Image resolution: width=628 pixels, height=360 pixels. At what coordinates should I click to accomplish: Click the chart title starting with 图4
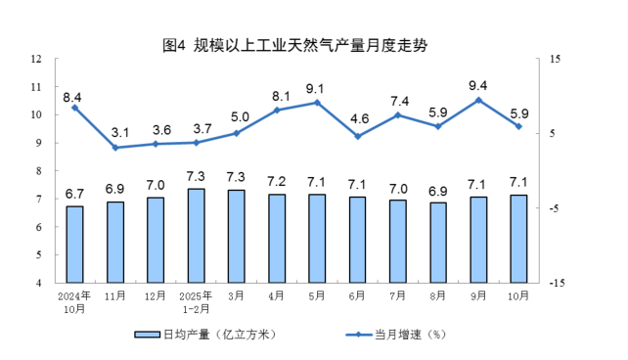294,45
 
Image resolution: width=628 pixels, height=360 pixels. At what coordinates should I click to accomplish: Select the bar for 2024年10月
74,244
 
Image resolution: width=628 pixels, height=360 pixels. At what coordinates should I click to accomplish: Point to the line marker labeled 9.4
478,100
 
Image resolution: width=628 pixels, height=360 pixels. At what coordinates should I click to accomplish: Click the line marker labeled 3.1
115,148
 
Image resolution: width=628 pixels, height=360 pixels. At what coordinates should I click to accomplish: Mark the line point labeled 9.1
317,103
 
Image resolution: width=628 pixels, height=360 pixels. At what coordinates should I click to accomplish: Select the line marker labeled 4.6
357,136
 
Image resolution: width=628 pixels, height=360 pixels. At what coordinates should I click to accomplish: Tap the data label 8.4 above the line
72,97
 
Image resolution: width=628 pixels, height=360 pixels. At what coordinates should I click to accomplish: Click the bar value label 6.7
74,192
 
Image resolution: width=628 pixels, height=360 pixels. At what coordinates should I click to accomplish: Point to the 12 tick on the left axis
36,59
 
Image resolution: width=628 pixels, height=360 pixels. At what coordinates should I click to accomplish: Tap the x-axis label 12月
156,294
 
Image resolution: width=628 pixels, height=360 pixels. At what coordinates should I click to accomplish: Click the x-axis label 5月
317,294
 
